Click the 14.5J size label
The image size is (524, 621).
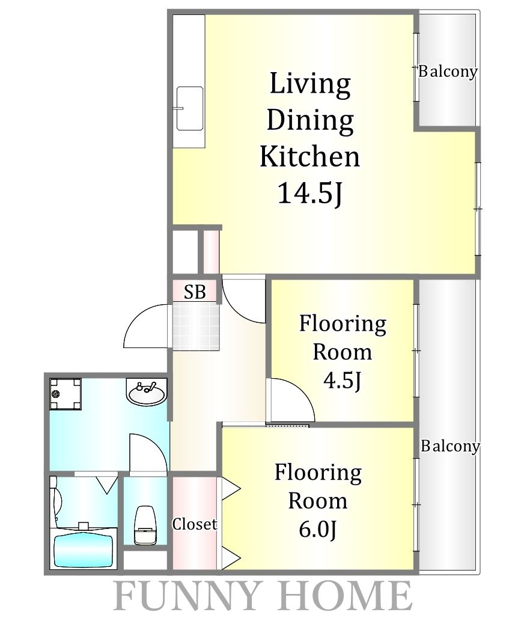click(x=309, y=193)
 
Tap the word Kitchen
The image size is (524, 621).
click(x=309, y=156)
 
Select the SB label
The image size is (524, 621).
click(x=195, y=292)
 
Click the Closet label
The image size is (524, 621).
click(x=194, y=524)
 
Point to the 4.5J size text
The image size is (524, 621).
click(x=343, y=380)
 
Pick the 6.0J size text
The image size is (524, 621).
click(x=318, y=529)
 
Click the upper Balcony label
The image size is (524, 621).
click(x=448, y=72)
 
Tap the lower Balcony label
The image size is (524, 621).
click(x=450, y=446)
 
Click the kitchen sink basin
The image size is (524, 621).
click(x=189, y=108)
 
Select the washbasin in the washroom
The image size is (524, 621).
click(x=147, y=392)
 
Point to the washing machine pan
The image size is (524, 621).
click(x=65, y=394)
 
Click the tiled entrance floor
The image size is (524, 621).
click(x=196, y=327)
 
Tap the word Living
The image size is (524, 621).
click(x=310, y=84)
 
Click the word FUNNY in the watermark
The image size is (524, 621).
click(x=187, y=596)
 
